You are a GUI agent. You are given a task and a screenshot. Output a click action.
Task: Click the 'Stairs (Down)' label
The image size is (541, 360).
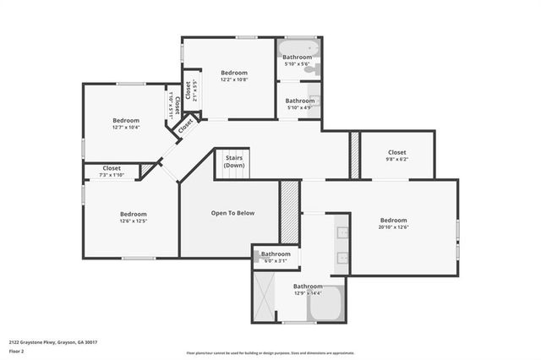point(234,161)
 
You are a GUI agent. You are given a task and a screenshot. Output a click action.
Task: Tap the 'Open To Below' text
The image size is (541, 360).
point(232,213)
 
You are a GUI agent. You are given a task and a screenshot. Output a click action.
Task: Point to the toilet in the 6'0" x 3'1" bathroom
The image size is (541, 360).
point(260,254)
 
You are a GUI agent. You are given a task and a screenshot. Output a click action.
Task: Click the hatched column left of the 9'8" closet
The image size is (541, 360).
point(356,155)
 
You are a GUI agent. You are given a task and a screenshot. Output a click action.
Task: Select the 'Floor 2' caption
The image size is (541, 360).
point(17,350)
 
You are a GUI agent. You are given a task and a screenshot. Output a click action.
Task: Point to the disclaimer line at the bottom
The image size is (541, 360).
point(270,352)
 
